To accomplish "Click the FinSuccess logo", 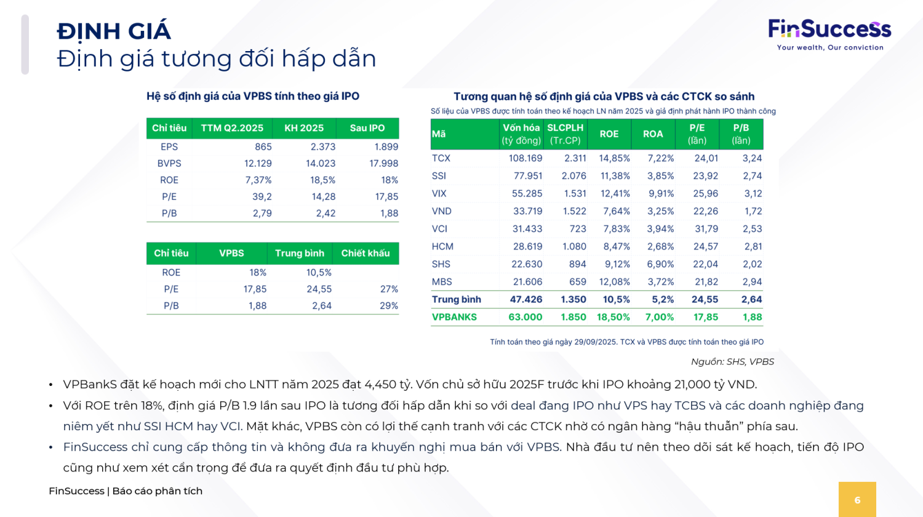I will coord(829,34).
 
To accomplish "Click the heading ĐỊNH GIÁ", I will coord(114,31).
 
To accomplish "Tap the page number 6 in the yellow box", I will coord(857,500).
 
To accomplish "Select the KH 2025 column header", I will coord(304,128).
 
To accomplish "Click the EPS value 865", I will coord(263,147).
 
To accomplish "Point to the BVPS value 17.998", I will coord(383,164).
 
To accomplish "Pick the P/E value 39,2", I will coord(262,197).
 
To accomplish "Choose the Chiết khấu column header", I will coord(366,254).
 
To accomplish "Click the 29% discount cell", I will coord(388,306).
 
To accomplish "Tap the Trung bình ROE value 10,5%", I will coord(319,273).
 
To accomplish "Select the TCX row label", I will coord(441,158).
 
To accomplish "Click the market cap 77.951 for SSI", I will coord(528,176).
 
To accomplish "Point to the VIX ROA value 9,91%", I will coord(660,194).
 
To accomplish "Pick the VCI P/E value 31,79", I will coord(706,229).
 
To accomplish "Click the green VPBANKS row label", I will coord(454,318).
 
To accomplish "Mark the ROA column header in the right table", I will coord(653,134).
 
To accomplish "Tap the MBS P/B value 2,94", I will coord(753,282).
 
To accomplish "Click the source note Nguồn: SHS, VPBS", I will coord(732,362).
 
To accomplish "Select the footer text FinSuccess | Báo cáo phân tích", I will coord(126,491).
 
